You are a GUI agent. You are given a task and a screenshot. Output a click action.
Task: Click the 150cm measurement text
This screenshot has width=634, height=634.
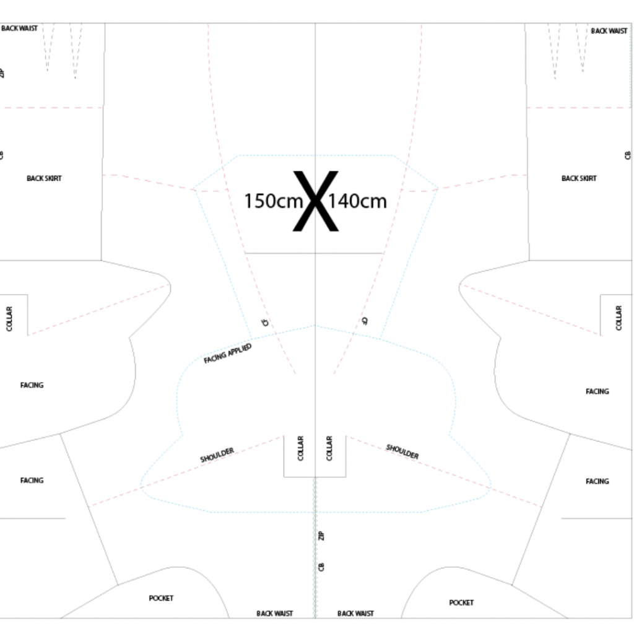(274, 201)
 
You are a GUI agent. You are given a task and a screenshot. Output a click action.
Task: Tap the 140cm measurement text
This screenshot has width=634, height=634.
(357, 201)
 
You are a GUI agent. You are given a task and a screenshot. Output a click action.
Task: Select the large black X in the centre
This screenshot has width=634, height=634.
(315, 201)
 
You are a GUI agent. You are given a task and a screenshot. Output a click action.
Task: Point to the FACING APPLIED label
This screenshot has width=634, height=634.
(228, 354)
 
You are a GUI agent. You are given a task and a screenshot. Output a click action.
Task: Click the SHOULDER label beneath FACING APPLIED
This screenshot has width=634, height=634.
(217, 455)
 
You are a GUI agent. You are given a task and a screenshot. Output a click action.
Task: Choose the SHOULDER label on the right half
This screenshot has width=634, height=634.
(402, 451)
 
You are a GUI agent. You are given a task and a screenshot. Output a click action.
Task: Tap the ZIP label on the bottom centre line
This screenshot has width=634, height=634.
(321, 536)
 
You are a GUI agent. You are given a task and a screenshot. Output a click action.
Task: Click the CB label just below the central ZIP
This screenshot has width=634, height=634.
(321, 567)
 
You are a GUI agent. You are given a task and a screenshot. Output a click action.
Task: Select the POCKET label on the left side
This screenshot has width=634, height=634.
(161, 598)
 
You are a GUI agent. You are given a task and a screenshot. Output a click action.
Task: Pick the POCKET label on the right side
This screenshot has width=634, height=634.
(461, 602)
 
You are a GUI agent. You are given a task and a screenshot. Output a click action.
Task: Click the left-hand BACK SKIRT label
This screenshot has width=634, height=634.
(44, 178)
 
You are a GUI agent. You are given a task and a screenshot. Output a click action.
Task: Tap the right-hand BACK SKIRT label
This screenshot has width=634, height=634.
(579, 178)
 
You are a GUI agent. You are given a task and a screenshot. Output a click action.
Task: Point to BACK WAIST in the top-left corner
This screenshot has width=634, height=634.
(19, 28)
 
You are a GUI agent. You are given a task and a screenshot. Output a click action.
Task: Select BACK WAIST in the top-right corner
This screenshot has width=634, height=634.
(609, 31)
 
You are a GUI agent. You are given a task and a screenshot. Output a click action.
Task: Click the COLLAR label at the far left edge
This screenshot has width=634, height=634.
(9, 319)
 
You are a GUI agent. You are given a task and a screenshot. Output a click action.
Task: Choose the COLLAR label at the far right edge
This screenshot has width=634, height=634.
(619, 318)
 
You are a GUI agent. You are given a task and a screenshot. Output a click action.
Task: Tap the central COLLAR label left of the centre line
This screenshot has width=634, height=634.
(300, 448)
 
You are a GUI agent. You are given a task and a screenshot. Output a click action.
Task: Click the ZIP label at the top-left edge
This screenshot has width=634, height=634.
(2, 73)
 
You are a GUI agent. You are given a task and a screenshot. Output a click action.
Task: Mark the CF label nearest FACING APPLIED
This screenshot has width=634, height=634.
(265, 322)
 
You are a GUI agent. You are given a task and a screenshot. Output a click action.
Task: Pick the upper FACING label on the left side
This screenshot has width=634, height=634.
(32, 385)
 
